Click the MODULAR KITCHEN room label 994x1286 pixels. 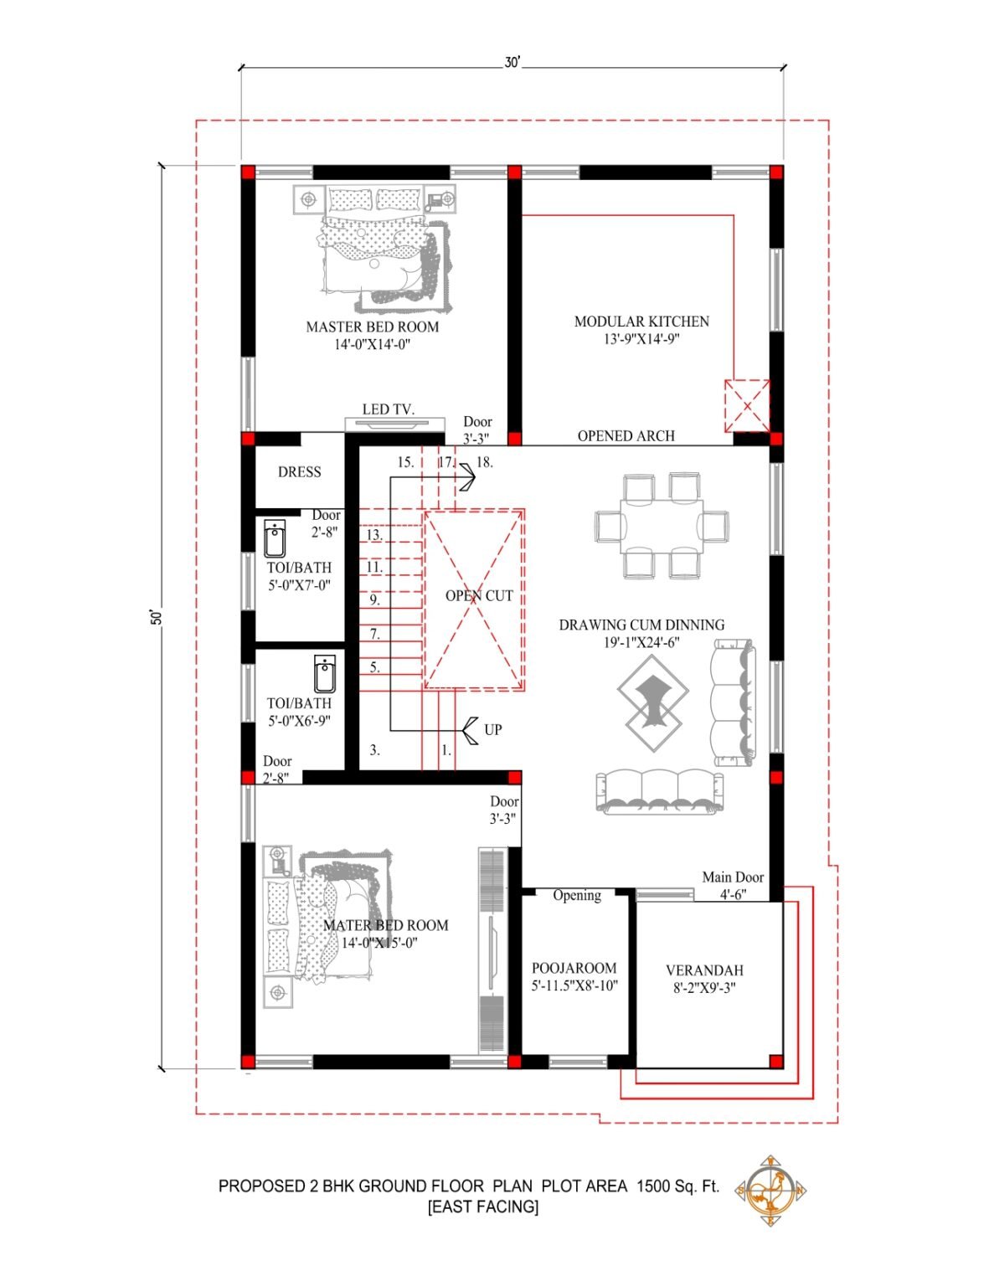point(641,321)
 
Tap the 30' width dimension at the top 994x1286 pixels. point(512,64)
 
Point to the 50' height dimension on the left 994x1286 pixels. point(155,617)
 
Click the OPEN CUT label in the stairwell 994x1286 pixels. point(478,596)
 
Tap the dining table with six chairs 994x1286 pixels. point(661,526)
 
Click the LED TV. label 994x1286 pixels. point(389,409)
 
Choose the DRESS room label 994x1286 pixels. point(299,472)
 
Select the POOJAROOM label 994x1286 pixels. point(574,968)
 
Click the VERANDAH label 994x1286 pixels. point(704,970)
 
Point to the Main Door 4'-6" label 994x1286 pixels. point(733,885)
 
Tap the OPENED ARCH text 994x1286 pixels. point(626,436)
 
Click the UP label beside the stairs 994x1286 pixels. point(493,730)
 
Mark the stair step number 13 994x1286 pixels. point(374,535)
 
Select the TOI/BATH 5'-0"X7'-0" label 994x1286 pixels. point(299,576)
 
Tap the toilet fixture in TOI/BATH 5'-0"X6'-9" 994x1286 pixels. point(325,673)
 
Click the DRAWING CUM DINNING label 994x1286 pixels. point(641,625)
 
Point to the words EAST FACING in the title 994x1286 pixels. point(483,1207)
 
